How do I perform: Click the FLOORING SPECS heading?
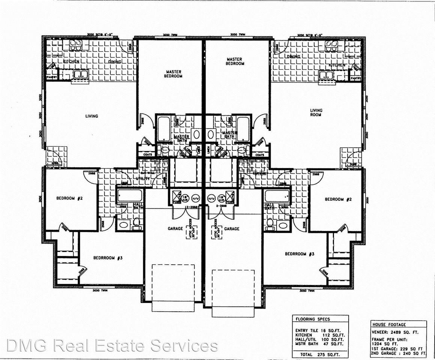point(312,319)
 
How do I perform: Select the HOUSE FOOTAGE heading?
point(388,325)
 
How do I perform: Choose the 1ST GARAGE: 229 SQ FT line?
point(398,348)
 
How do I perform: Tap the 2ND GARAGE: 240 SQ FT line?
point(398,353)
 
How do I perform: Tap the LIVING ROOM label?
point(316,112)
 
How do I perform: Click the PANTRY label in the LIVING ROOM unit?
point(356,78)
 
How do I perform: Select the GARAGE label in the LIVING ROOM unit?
point(231,228)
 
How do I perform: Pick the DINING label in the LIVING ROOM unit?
point(294,57)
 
